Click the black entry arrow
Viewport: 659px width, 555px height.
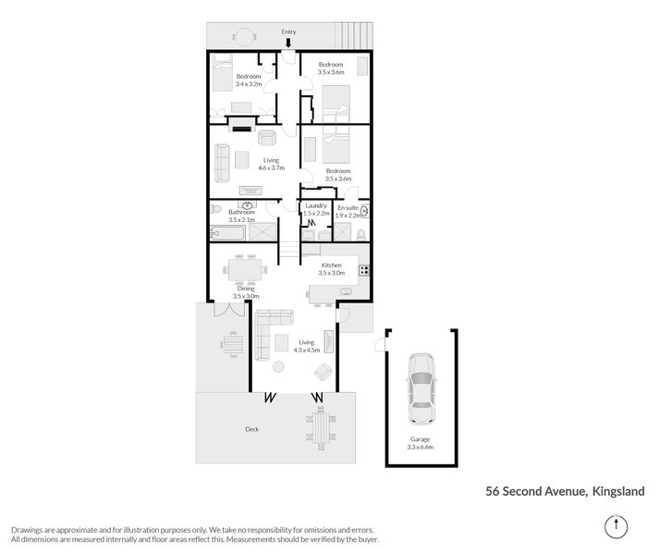tap(288, 43)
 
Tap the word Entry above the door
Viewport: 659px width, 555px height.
tap(288, 31)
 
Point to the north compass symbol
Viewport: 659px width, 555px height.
tap(614, 526)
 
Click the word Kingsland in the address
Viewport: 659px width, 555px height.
tap(618, 492)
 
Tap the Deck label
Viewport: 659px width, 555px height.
tap(251, 428)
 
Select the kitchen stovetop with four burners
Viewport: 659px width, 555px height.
tap(364, 271)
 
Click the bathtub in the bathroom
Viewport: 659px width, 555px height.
tap(227, 233)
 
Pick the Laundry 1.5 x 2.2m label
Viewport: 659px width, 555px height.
tap(316, 210)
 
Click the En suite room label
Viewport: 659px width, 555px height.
tap(351, 210)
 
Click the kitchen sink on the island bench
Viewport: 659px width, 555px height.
tap(346, 292)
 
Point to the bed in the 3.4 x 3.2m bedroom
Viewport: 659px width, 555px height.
tap(225, 72)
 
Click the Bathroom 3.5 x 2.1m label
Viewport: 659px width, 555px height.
tap(241, 216)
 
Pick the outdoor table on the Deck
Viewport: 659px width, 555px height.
tap(322, 426)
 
